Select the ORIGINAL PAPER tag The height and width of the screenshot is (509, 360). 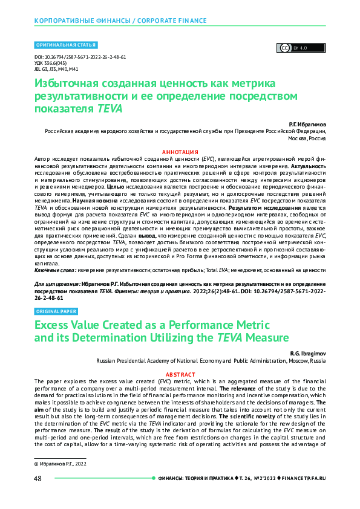56,311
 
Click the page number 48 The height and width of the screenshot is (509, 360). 38,478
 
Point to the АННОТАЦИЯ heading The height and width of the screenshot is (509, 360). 180,151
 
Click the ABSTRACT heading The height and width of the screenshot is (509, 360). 180,375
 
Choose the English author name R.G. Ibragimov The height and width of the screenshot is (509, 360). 307,352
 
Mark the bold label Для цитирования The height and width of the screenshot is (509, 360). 59,284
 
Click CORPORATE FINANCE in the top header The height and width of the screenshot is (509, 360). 172,21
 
